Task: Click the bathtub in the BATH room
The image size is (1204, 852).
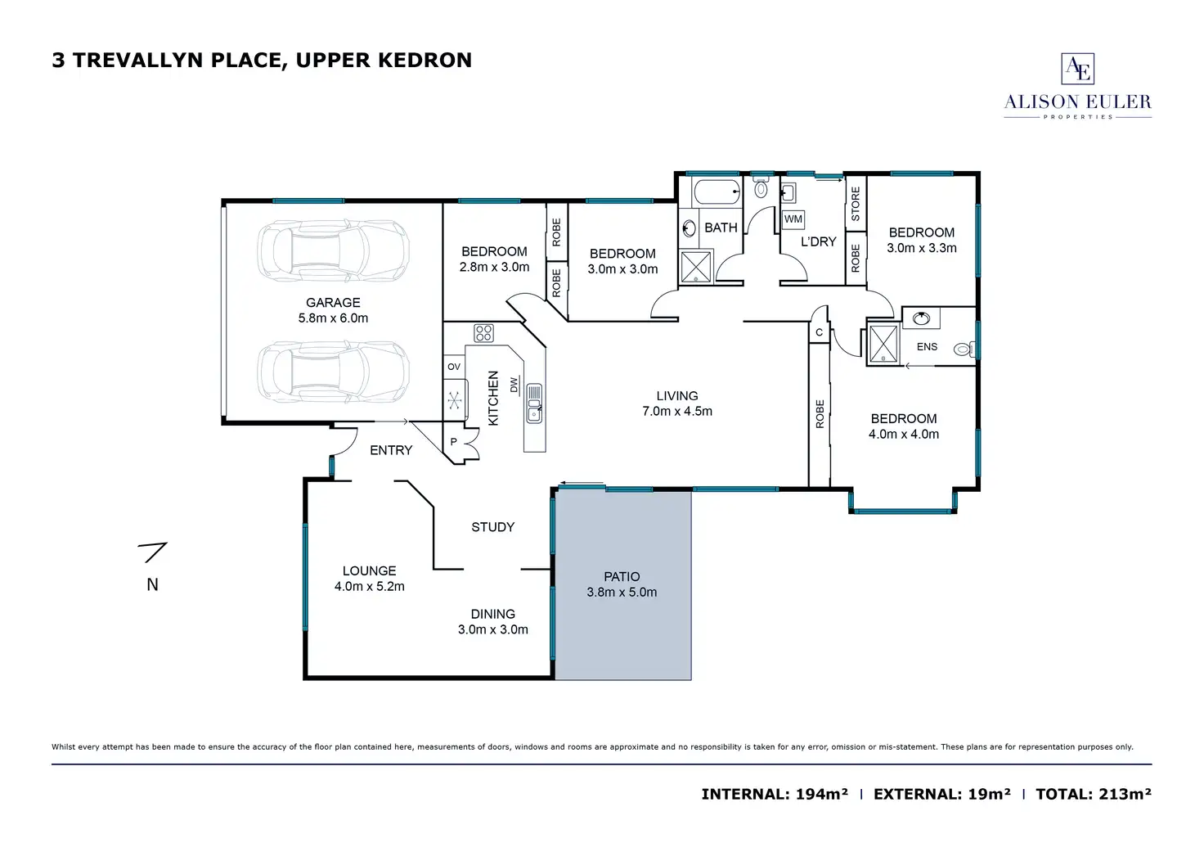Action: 717,192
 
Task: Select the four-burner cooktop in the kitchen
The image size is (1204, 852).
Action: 483,333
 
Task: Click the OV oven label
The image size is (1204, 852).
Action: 454,367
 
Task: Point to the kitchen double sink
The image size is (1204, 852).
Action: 534,403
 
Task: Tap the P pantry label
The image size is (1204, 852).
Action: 453,442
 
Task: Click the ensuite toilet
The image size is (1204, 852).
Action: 964,349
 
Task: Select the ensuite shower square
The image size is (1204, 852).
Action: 883,343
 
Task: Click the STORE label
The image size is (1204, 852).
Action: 856,204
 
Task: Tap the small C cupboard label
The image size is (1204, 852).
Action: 819,332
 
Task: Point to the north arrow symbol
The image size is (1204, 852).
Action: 153,552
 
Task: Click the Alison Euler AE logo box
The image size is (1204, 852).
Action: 1077,69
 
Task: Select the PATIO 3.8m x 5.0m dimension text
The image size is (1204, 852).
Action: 622,593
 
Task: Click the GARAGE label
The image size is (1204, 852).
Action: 333,302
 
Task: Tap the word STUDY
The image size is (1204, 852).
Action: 493,527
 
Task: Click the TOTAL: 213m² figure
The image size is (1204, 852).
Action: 1094,794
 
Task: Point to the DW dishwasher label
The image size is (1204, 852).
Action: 514,385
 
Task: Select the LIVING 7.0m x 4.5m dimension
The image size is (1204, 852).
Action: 676,412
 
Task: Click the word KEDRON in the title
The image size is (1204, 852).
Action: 425,60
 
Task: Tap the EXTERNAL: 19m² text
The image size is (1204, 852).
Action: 941,794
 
